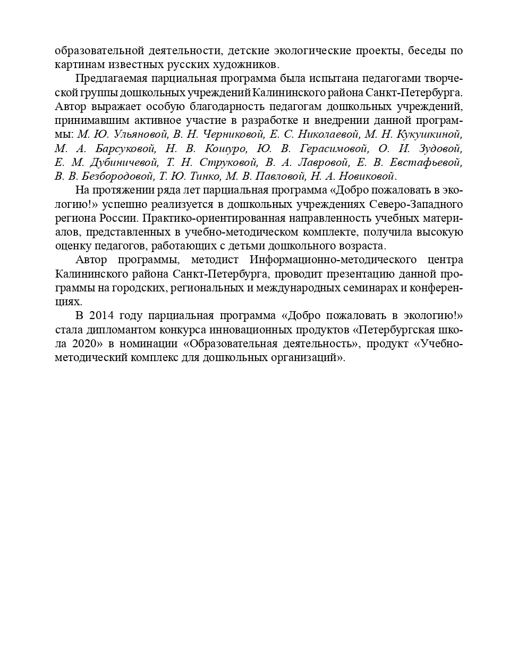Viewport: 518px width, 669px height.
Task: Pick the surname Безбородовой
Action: click(117, 176)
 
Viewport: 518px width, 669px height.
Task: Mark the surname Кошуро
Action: click(226, 148)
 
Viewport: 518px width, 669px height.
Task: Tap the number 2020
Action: click(84, 343)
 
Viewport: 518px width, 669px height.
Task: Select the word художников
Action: click(249, 65)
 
